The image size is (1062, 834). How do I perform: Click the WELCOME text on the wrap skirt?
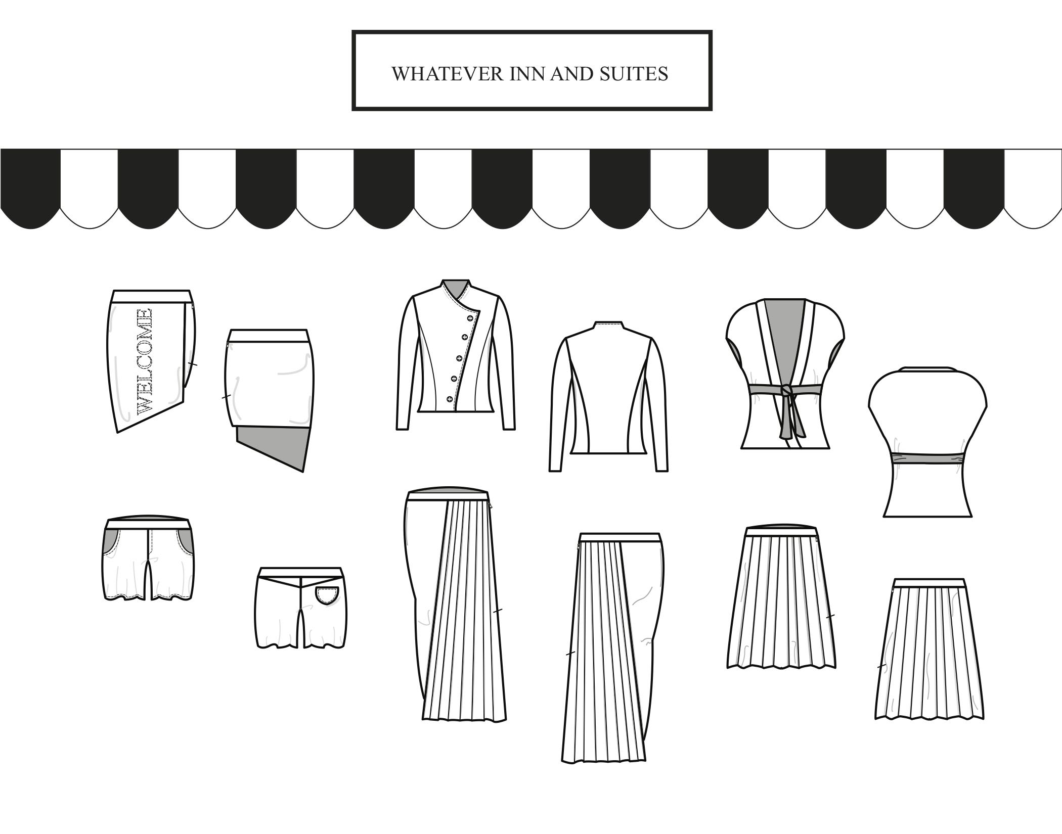[x=144, y=361]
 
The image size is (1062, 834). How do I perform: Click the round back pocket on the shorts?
[x=327, y=595]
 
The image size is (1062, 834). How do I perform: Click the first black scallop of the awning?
[x=30, y=187]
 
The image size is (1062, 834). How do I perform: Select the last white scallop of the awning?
[x=1033, y=187]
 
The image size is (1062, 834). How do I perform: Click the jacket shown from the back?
[x=608, y=399]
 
